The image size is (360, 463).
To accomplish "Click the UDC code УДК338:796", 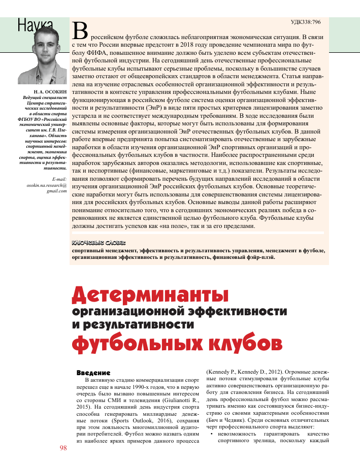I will click(306, 22).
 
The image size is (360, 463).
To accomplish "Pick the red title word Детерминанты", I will click(149, 294).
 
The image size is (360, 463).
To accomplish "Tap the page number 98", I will click(63, 448).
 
